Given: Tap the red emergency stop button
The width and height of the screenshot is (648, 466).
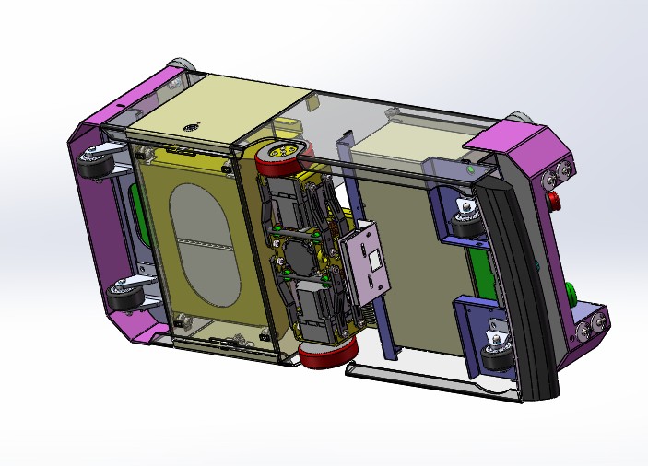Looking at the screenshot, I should click(x=554, y=201).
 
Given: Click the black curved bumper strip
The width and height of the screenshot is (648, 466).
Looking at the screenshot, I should click(x=524, y=276).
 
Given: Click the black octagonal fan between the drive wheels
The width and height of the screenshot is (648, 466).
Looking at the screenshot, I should click(x=300, y=249).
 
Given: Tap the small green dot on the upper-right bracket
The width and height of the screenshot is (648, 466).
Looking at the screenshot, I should click(x=472, y=169).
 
